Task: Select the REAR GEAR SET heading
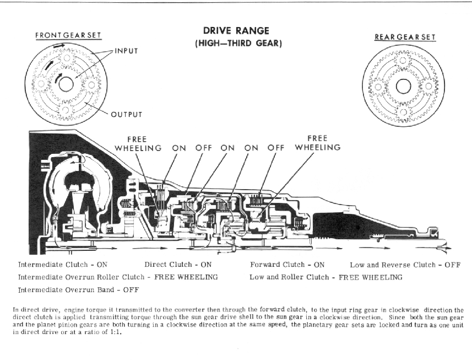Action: pos(405,37)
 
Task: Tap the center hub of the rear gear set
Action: pos(403,87)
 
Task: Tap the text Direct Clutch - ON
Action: pos(178,264)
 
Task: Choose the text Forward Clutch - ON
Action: pos(287,264)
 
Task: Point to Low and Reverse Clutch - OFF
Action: pos(404,264)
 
